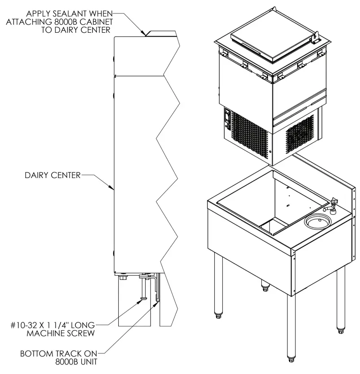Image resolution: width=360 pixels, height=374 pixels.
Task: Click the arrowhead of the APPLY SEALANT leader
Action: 145,34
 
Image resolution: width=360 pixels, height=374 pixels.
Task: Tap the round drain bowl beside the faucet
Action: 317,221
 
